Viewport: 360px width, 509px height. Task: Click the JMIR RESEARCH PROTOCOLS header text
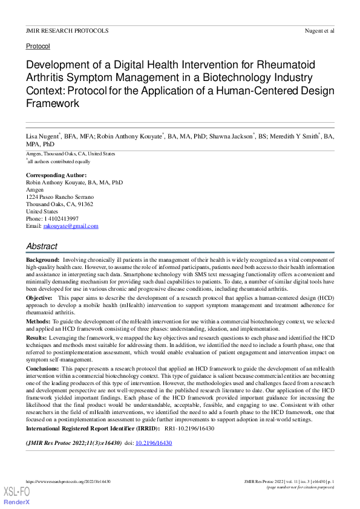point(67,30)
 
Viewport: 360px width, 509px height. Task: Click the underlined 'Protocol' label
point(38,47)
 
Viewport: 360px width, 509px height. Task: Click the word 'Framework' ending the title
point(53,103)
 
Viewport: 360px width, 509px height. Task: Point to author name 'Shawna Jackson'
point(231,137)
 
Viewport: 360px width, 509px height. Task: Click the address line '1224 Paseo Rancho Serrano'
point(60,197)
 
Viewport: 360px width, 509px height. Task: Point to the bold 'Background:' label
point(42,259)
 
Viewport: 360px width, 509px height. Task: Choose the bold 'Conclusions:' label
point(43,369)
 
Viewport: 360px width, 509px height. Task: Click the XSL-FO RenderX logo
point(16,496)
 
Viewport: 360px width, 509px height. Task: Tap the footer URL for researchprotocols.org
point(68,481)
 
